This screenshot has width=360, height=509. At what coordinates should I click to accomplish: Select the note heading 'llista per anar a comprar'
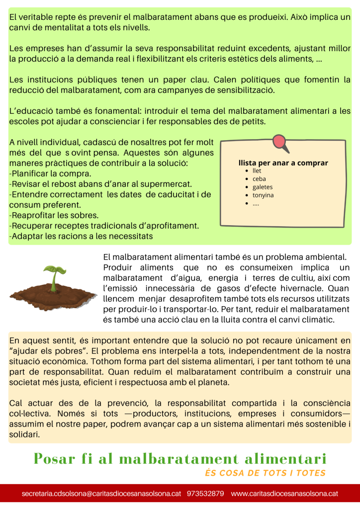[x=283, y=163]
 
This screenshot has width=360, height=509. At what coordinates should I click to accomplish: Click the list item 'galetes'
[x=263, y=187]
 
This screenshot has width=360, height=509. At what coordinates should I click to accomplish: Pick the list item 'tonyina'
[x=263, y=195]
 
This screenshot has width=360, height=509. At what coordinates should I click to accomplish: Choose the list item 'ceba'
[x=259, y=179]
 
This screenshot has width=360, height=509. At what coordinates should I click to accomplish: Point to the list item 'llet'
[x=257, y=171]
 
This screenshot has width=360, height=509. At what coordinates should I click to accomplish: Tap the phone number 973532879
[x=205, y=494]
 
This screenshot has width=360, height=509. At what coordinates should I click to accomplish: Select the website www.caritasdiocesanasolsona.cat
[x=284, y=494]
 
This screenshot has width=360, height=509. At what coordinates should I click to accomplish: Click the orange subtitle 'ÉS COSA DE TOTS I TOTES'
[x=265, y=473]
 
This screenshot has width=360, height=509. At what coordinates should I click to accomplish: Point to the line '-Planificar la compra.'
[x=50, y=174]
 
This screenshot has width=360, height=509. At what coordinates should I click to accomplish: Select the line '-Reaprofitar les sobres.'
[x=54, y=215]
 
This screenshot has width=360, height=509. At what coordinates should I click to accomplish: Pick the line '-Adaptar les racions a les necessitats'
[x=81, y=236]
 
